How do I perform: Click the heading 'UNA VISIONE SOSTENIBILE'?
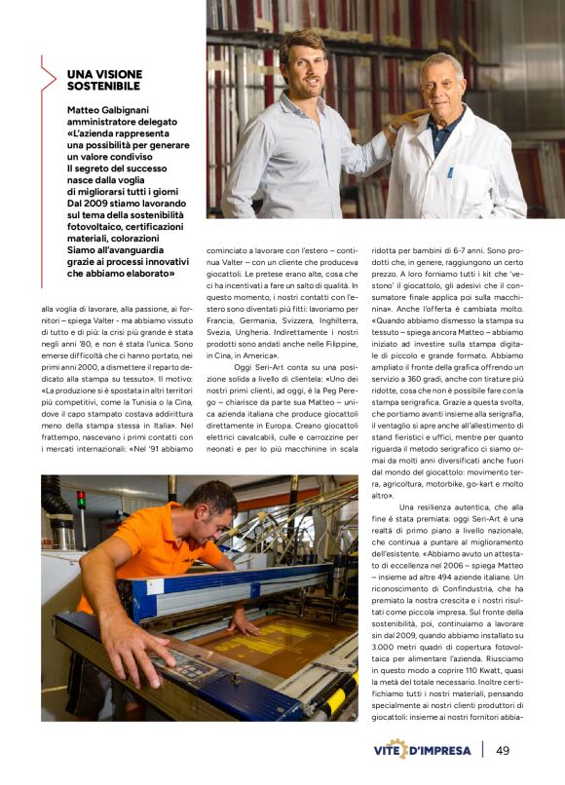[x=104, y=80]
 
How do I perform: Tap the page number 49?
[x=503, y=750]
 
